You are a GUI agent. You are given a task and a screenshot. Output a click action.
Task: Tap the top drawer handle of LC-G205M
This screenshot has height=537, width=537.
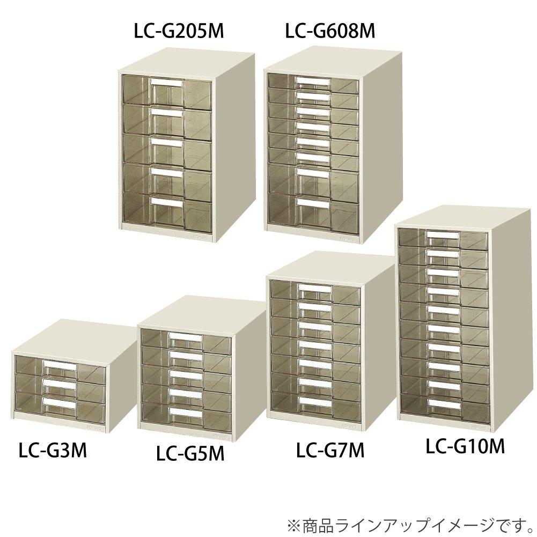[x=166, y=82]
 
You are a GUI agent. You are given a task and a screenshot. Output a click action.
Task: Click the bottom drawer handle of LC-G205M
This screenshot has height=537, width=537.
[x=166, y=201]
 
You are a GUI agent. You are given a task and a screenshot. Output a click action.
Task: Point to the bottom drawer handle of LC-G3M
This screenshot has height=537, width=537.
[x=60, y=403]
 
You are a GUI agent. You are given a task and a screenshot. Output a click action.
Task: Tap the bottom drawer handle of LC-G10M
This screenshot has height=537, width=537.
[x=443, y=401]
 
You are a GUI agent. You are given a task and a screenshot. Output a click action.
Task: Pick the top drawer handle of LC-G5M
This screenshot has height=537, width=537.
[x=185, y=337]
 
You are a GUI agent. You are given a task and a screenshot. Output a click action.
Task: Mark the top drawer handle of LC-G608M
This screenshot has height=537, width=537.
[x=312, y=82]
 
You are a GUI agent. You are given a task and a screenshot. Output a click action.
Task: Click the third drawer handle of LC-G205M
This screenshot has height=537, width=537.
[x=166, y=143]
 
